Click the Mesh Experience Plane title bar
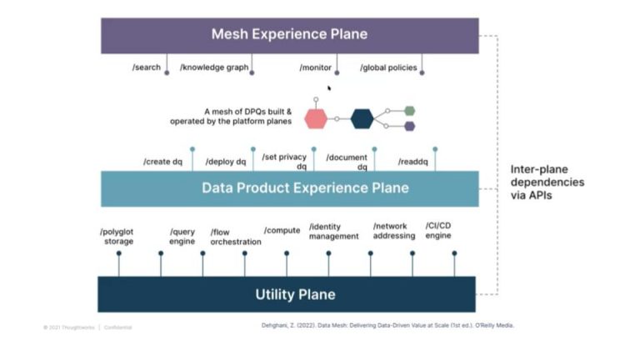[x=289, y=35]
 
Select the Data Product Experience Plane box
[x=289, y=187]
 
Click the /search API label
[x=147, y=67]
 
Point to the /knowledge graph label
[x=214, y=67]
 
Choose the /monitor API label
[x=315, y=67]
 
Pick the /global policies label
[x=388, y=67]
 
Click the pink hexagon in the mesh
[x=316, y=118]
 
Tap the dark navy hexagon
[x=362, y=118]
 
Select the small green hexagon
[x=409, y=111]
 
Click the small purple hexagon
[x=409, y=127]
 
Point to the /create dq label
[x=162, y=162]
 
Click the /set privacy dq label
[x=284, y=160]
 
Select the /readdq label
[x=413, y=162]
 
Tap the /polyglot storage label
[x=117, y=236]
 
